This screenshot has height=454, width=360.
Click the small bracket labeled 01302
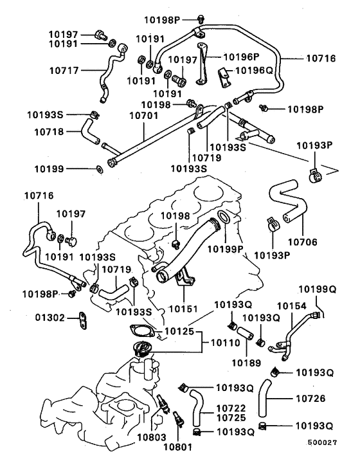click(x=82, y=320)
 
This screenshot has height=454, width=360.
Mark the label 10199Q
click(x=316, y=289)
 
